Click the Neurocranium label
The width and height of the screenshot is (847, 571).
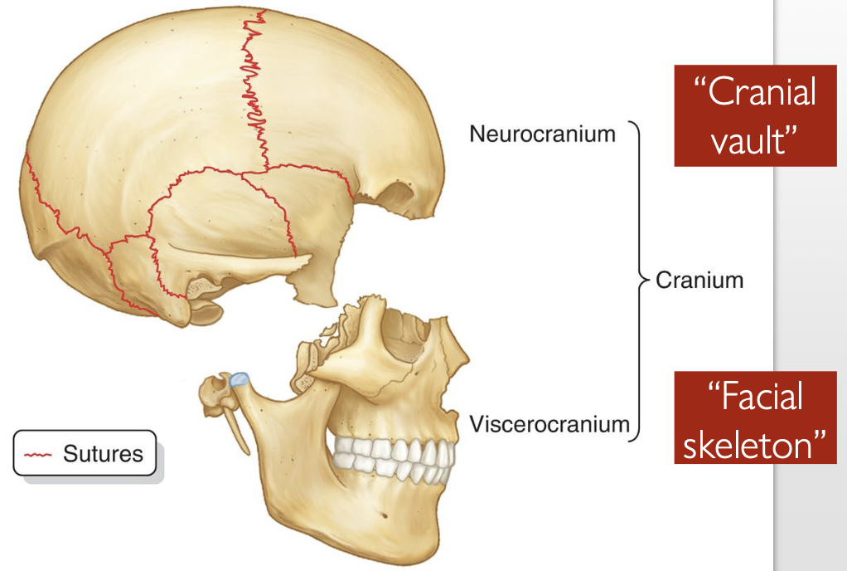pyautogui.click(x=542, y=133)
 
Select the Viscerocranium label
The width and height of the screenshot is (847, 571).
pyautogui.click(x=549, y=424)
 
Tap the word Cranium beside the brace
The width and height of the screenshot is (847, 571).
pyautogui.click(x=699, y=280)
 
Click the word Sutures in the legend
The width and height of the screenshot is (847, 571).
pyautogui.click(x=103, y=454)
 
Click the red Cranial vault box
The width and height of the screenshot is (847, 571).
pyautogui.click(x=754, y=116)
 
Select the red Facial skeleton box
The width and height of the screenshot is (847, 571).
pyautogui.click(x=754, y=417)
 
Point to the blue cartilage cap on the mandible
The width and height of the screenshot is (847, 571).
pyautogui.click(x=240, y=378)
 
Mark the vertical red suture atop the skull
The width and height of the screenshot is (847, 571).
pyautogui.click(x=254, y=91)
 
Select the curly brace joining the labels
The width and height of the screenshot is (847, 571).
pyautogui.click(x=638, y=280)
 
